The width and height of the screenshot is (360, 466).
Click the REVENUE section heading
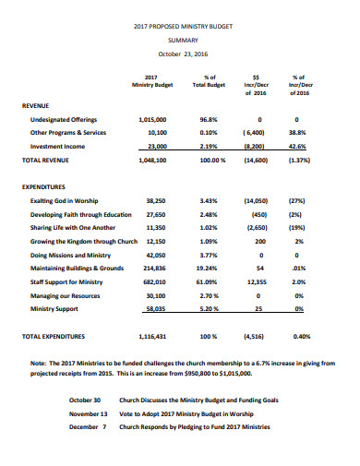(x=37, y=106)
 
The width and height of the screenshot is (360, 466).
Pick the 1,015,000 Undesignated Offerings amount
(x=152, y=120)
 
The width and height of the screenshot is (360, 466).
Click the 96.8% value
(x=208, y=120)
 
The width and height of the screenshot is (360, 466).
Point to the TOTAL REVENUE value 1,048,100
(x=152, y=160)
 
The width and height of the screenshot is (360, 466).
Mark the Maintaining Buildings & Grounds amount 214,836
(x=154, y=267)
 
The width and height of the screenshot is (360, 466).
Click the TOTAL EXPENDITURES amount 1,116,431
(x=152, y=337)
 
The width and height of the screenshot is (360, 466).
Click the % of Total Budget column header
(x=209, y=81)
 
